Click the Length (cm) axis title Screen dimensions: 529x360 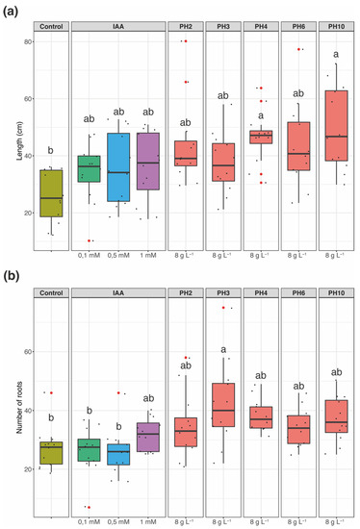(x=9, y=144)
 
